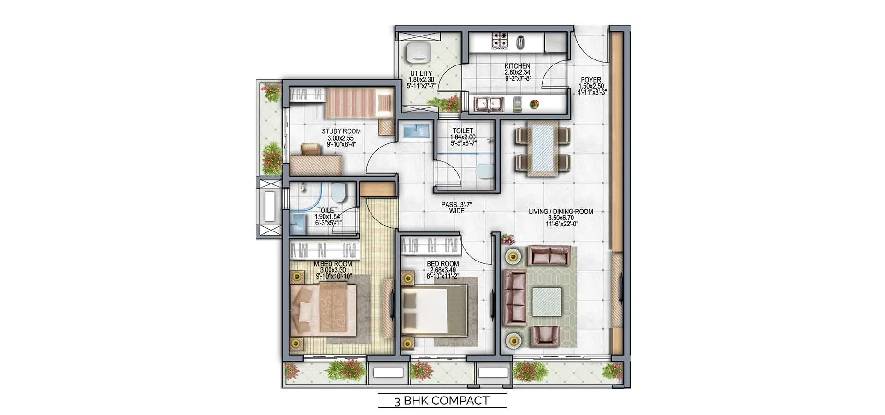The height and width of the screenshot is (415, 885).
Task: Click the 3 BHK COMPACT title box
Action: point(442,400)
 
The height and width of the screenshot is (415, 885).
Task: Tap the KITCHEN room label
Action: point(517,66)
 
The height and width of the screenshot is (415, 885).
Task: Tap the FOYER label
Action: point(591,80)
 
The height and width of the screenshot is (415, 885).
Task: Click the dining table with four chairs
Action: point(542,150)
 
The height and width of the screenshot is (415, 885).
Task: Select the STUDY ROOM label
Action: point(341,131)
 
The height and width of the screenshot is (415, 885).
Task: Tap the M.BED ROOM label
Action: point(333,264)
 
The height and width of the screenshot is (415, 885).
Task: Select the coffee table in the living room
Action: point(547,301)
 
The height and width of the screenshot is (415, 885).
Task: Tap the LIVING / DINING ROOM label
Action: point(560,212)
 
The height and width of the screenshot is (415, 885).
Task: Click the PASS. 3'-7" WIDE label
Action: point(456,207)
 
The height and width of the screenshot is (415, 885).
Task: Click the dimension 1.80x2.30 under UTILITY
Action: point(421,79)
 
